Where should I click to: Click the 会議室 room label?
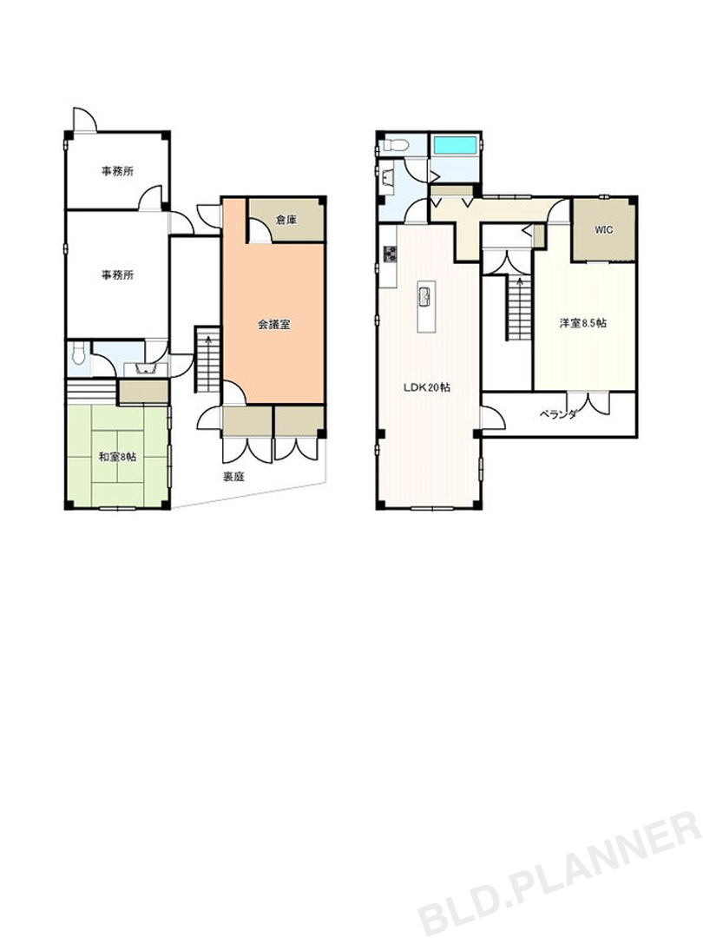click(273, 325)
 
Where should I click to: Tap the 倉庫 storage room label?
click(286, 220)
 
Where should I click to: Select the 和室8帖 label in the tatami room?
click(117, 457)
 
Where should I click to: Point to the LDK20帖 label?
click(427, 387)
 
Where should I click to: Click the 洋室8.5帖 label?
click(583, 322)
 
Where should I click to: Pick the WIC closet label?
click(604, 229)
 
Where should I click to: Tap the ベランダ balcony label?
click(558, 414)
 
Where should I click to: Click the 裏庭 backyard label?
click(233, 477)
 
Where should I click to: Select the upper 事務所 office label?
click(117, 171)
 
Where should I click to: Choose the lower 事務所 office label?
click(117, 275)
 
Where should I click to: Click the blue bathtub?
click(455, 145)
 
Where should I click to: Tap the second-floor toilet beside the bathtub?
click(396, 145)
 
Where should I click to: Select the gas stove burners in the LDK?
click(390, 254)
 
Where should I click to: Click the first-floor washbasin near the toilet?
click(145, 369)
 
